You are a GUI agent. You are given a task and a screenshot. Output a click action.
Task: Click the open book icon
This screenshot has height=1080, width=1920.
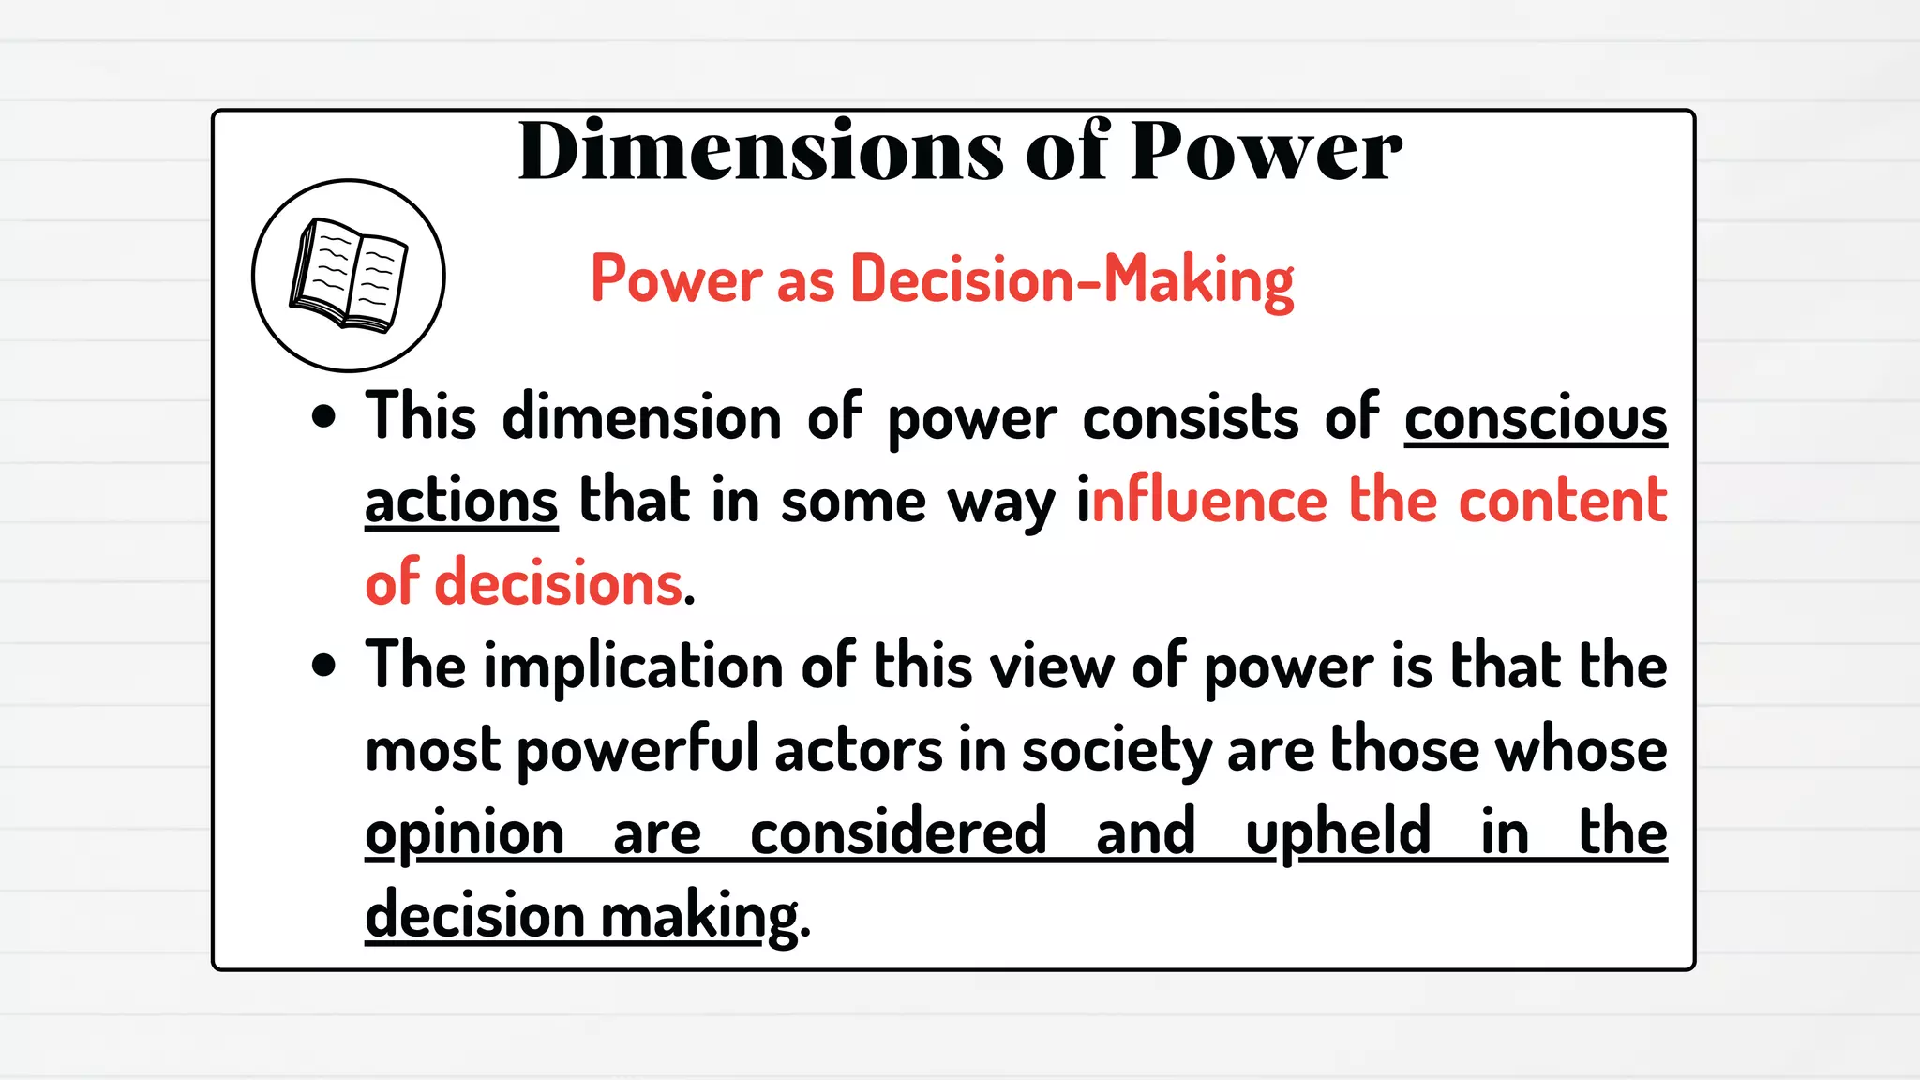pyautogui.click(x=349, y=276)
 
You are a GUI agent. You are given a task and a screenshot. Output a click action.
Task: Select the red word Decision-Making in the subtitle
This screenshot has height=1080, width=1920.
pyautogui.click(x=1072, y=279)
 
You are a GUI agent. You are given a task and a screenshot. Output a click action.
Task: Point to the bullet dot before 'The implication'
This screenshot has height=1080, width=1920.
pyautogui.click(x=323, y=666)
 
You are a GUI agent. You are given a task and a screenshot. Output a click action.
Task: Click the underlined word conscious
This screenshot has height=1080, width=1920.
pyautogui.click(x=1536, y=418)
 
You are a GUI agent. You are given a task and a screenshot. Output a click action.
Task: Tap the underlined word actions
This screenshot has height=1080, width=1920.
pyautogui.click(x=461, y=501)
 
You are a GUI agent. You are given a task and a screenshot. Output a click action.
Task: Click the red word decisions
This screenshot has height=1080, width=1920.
pyautogui.click(x=559, y=582)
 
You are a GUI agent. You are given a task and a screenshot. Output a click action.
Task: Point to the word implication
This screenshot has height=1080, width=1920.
pyautogui.click(x=634, y=667)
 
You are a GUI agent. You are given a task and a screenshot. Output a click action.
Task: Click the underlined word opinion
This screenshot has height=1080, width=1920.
pyautogui.click(x=464, y=833)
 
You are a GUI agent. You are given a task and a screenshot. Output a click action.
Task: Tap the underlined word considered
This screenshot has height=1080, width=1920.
pyautogui.click(x=898, y=832)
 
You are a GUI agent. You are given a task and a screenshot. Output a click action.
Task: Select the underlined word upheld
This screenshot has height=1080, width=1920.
pyautogui.click(x=1338, y=832)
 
